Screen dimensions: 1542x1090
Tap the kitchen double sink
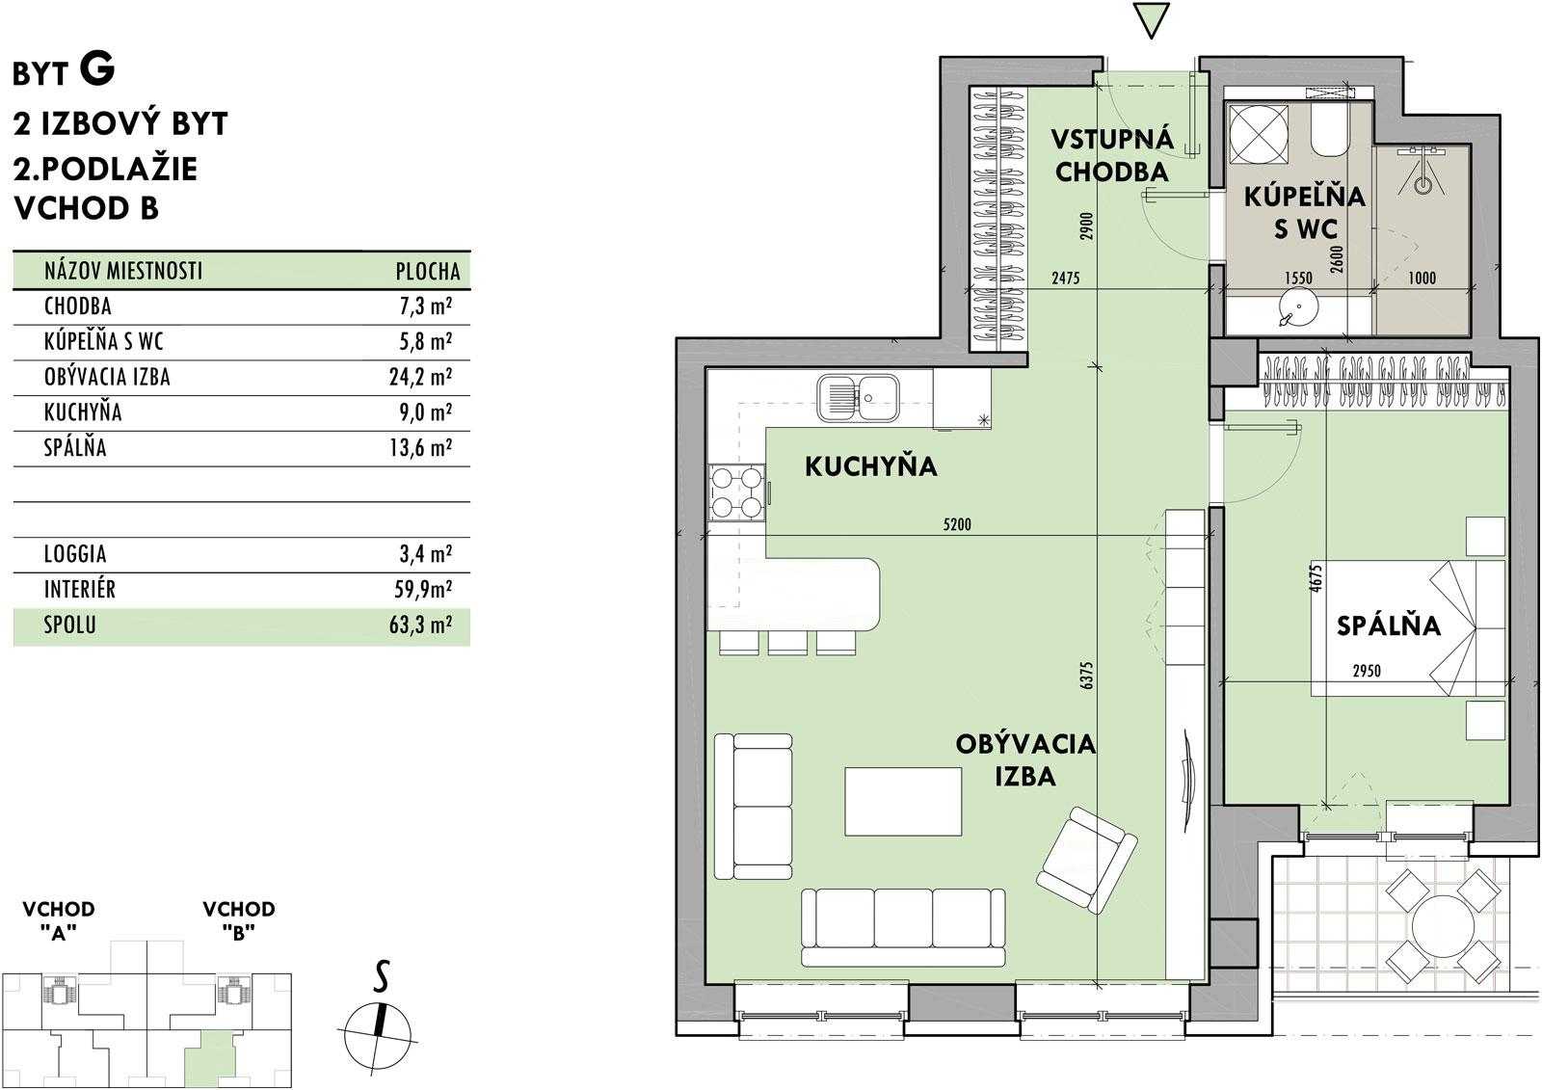(858, 398)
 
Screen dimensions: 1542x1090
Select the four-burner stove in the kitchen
(736, 492)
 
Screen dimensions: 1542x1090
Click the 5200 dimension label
(957, 524)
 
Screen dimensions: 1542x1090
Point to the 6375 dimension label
(1086, 676)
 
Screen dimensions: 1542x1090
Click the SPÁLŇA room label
(1388, 625)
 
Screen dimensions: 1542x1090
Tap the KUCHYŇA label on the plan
(871, 466)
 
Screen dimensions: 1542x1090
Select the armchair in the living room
(1086, 860)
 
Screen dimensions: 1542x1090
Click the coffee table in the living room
(903, 802)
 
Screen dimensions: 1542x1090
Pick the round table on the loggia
(1443, 926)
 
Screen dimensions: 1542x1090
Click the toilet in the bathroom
(1331, 129)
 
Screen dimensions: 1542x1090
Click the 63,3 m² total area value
(420, 625)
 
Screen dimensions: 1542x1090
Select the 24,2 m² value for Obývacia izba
(420, 377)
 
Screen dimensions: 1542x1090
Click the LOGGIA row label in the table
(75, 553)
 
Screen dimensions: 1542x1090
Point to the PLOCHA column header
(428, 271)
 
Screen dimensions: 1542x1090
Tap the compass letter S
(381, 975)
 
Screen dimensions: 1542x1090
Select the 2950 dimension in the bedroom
(1367, 671)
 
